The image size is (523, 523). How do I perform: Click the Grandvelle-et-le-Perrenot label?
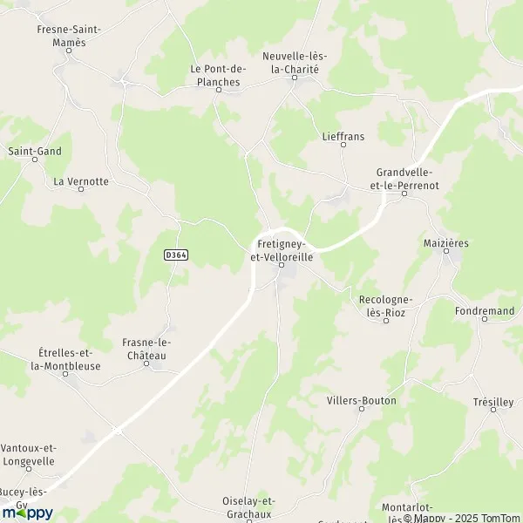click(404, 178)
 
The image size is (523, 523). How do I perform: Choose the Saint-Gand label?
click(35, 151)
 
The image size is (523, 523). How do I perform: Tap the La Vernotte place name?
click(81, 180)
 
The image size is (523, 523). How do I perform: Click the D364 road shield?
click(176, 255)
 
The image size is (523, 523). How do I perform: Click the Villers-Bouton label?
click(361, 400)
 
